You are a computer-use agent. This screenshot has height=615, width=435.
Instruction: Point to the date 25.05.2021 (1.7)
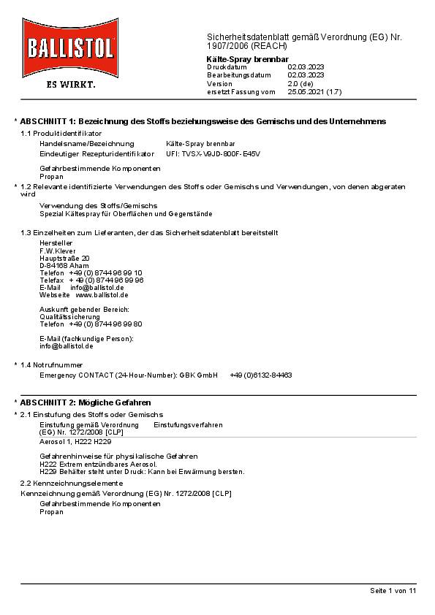coord(314,92)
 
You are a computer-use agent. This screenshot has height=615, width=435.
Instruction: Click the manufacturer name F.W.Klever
coord(58,251)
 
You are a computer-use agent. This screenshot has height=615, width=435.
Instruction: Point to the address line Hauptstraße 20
coord(64,258)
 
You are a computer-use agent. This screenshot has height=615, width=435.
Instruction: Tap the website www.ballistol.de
coord(102,294)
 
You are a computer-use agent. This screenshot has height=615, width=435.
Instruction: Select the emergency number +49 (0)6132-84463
coord(260,375)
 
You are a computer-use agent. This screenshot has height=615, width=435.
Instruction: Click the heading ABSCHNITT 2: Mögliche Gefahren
coord(86,402)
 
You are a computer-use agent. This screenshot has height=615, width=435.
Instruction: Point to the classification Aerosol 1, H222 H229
coord(75,442)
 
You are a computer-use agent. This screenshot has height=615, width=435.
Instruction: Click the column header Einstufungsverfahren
coord(188,424)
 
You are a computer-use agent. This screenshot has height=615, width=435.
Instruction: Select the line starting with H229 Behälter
coord(142,471)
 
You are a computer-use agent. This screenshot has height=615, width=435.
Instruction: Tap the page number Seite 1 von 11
coord(393,590)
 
